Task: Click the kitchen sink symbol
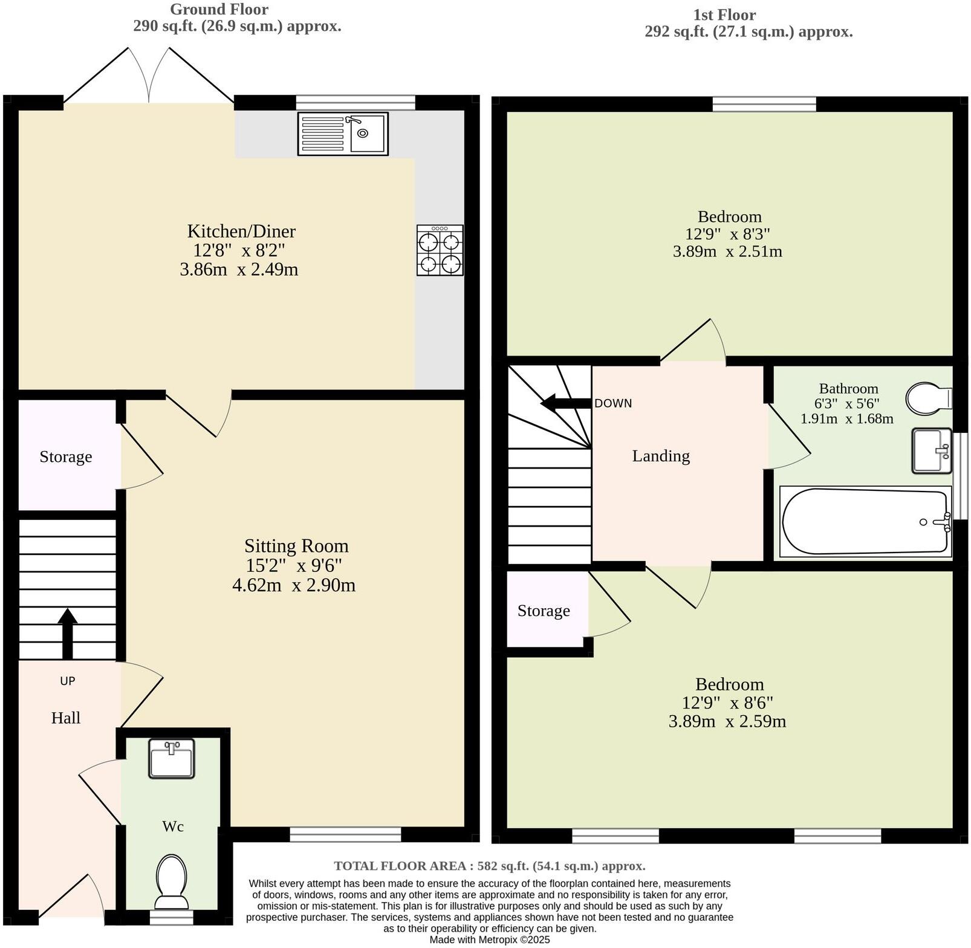pos(343,134)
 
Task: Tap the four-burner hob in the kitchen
pos(440,250)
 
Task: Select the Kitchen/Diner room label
pos(241,231)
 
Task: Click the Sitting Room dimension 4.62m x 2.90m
pos(294,585)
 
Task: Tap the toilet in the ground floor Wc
pos(172,880)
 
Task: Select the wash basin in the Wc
pos(172,758)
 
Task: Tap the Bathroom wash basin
pos(932,450)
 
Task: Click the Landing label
pos(661,456)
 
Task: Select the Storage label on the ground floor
pos(66,456)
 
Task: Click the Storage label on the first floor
pos(544,611)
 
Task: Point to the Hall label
pos(66,718)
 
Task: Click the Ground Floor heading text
pos(219,9)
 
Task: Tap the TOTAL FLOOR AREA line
pos(489,866)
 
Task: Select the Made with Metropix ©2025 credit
pos(490,940)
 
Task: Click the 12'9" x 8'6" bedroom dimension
pos(727,703)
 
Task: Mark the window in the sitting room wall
pos(345,834)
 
